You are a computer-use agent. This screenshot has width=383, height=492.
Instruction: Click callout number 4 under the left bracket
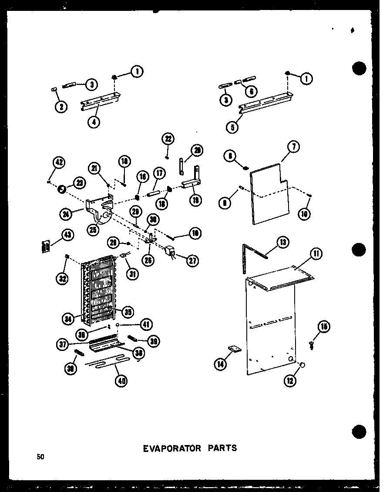(93, 122)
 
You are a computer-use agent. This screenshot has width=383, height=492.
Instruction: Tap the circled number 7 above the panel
(293, 147)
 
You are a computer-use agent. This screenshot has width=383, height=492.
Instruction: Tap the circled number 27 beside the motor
(191, 260)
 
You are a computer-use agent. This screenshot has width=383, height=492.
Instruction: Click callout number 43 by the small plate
(67, 235)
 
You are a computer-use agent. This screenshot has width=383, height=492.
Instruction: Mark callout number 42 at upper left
(58, 164)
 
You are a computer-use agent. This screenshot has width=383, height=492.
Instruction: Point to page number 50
(40, 457)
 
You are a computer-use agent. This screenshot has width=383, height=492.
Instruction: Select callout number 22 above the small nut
(168, 139)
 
